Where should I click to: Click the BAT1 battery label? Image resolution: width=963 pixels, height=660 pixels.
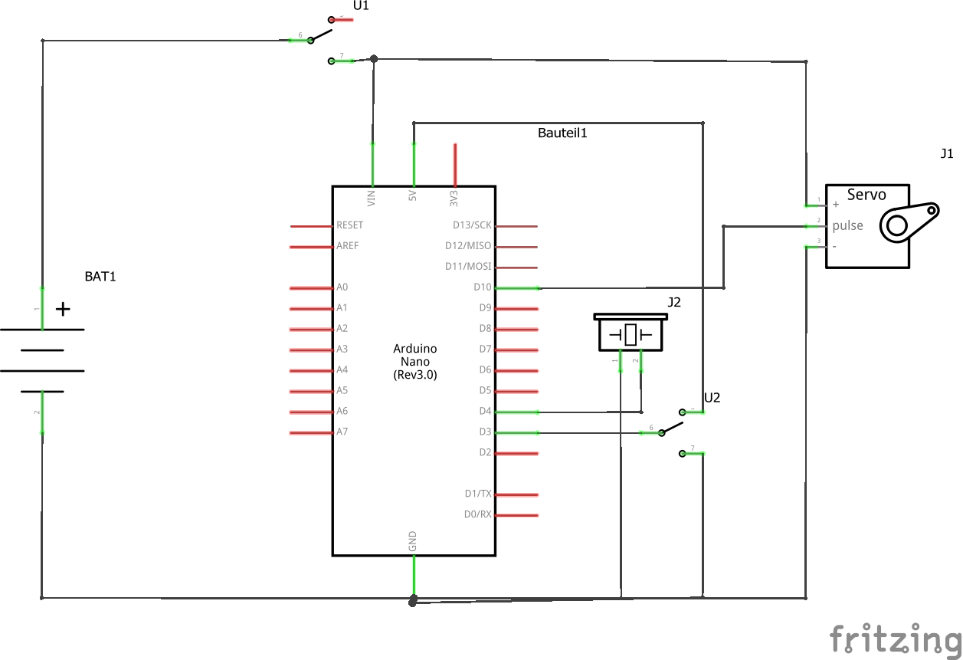pos(100,277)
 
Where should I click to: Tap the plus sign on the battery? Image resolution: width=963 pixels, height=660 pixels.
pos(63,310)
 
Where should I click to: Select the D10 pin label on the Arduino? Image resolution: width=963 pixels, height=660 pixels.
pos(483,287)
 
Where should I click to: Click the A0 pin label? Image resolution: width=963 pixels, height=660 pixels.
pos(342,287)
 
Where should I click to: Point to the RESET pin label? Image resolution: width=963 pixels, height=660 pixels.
pos(349,225)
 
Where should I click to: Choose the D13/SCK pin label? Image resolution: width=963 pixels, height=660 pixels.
pos(472,225)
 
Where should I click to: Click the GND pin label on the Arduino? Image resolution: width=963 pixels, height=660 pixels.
pos(412,541)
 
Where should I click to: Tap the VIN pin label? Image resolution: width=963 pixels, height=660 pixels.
pos(372,199)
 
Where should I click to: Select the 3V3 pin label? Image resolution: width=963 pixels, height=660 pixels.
pos(454,199)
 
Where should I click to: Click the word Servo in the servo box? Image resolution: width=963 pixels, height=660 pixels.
pos(866,195)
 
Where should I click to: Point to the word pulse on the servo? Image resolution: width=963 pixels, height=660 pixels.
pos(847,226)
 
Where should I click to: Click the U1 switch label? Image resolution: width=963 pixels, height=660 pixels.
pos(361,5)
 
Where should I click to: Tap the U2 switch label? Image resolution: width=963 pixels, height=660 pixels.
pos(712,398)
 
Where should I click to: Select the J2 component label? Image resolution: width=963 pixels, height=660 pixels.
pos(674,303)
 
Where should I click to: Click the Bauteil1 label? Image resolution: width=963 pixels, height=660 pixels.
pos(562,133)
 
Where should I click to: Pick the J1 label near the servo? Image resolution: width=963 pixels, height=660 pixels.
pos(947,153)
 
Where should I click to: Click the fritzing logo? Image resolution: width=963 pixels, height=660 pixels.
pos(896,639)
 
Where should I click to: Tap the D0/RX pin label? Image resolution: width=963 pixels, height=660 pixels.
pos(477,514)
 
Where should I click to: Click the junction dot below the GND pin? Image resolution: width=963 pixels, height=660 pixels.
pos(413,600)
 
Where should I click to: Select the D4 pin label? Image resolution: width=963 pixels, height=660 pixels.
pos(486,411)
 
